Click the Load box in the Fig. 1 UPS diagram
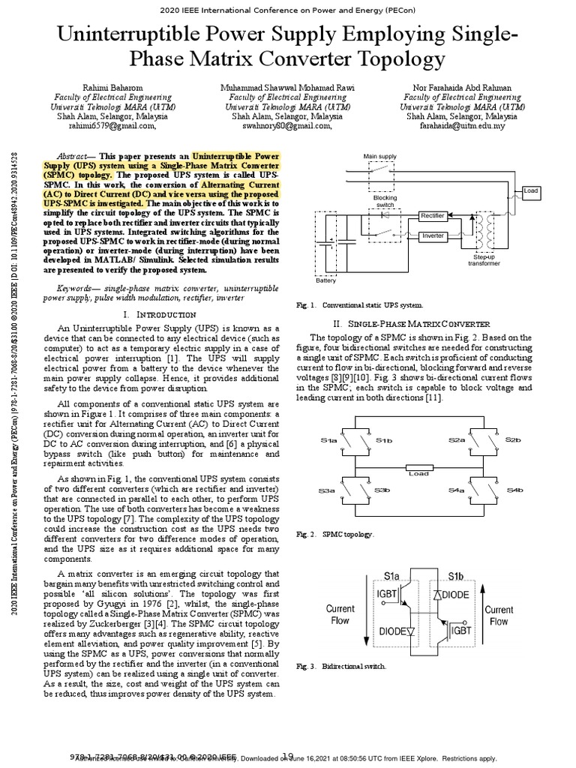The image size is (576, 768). (x=531, y=191)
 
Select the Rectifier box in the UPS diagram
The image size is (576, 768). (x=433, y=215)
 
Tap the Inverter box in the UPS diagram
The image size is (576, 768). (x=433, y=235)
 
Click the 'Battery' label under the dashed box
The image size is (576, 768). (x=325, y=279)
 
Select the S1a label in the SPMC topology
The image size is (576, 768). (x=329, y=441)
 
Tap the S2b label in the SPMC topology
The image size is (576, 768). (x=513, y=439)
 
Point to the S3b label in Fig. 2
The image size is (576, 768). (x=382, y=490)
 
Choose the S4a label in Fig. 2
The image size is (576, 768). (x=457, y=490)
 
